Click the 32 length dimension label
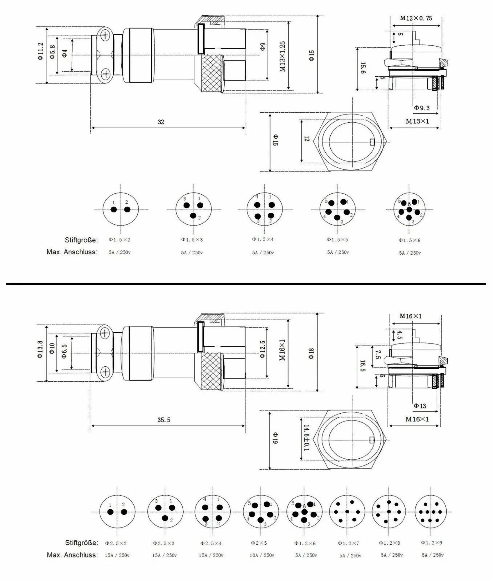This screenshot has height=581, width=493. coord(161,122)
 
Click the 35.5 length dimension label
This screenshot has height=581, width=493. coord(164,420)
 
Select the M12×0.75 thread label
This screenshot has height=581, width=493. coord(416,18)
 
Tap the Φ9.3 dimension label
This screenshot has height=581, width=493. coord(422,108)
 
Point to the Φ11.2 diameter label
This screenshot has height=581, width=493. coord(40,51)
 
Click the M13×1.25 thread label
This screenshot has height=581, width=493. coord(283,56)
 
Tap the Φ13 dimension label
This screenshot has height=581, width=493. coord(420,406)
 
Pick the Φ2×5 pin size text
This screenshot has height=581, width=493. coord(259,543)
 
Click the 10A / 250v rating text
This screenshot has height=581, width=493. coord(262,555)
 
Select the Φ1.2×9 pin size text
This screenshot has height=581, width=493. coord(431,543)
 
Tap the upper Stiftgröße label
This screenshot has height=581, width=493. coord(81,240)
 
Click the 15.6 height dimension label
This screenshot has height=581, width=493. coord(363,68)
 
